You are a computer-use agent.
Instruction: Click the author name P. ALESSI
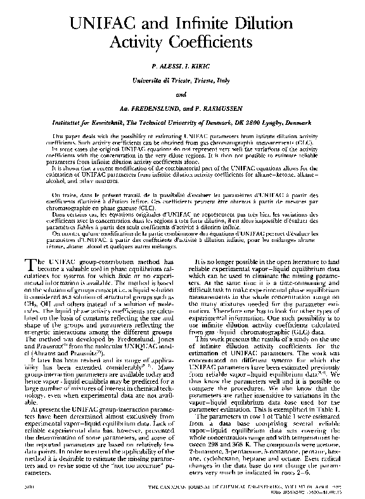[163, 66]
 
